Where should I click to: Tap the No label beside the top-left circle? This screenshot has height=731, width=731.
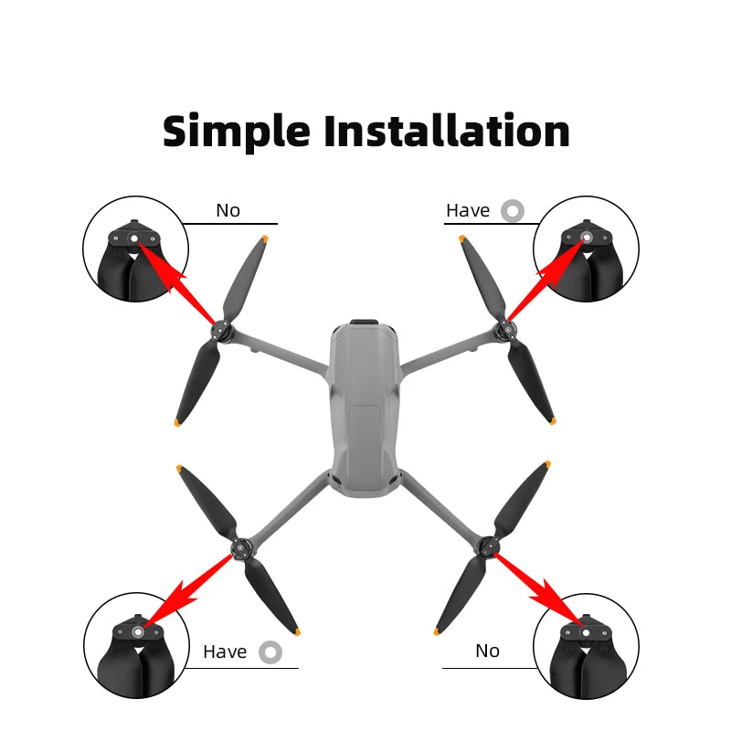pyautogui.click(x=228, y=210)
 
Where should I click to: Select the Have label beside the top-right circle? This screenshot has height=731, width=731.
pyautogui.click(x=468, y=210)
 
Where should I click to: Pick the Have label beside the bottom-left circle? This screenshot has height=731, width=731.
pyautogui.click(x=225, y=652)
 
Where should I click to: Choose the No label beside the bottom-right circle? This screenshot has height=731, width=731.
pyautogui.click(x=487, y=651)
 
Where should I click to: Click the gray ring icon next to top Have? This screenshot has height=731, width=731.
pyautogui.click(x=513, y=210)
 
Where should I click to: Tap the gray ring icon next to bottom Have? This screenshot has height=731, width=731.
pyautogui.click(x=270, y=652)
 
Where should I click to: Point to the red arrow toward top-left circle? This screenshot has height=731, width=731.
pyautogui.click(x=178, y=282)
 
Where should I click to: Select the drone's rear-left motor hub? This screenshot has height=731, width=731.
pyautogui.click(x=241, y=549)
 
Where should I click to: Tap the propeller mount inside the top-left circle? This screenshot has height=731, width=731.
pyautogui.click(x=135, y=239)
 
